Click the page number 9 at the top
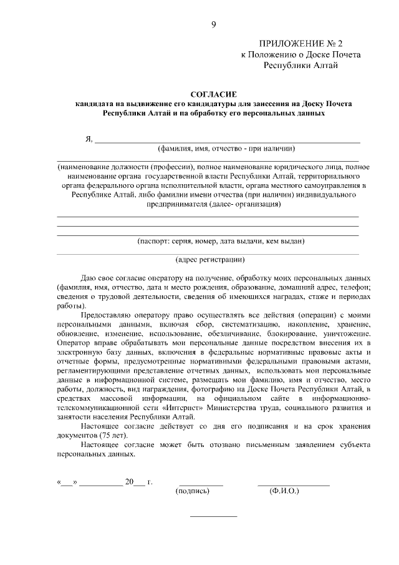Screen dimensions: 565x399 [213, 24]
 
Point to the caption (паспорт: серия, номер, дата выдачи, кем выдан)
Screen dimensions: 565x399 [221, 240]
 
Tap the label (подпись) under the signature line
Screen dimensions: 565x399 [194, 491]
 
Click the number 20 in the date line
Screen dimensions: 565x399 [130, 482]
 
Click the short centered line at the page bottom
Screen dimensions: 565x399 [213, 516]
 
